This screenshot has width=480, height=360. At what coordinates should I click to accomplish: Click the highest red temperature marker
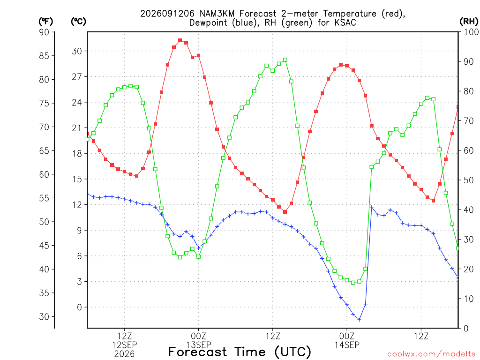[180, 40]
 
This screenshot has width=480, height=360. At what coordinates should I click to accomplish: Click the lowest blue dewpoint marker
[360, 320]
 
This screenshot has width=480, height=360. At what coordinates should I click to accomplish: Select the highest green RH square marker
[285, 60]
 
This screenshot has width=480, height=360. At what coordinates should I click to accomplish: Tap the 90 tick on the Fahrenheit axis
[44, 32]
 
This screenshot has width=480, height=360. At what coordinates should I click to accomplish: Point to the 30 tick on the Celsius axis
[77, 51]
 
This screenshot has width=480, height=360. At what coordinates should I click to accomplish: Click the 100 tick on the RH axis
[472, 32]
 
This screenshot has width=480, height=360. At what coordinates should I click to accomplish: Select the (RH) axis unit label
[469, 22]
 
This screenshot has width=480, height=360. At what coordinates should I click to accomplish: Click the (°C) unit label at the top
[78, 22]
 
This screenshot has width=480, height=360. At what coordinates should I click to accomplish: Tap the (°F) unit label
[45, 22]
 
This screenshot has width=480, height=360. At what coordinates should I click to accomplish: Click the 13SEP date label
[199, 345]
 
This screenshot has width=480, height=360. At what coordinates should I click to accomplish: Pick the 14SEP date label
[347, 345]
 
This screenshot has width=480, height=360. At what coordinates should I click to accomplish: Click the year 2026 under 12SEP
[124, 354]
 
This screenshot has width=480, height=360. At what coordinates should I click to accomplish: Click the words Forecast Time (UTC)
[240, 352]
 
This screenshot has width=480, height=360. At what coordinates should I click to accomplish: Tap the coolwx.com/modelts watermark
[431, 354]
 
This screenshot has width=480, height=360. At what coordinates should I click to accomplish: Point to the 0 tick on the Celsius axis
[80, 307]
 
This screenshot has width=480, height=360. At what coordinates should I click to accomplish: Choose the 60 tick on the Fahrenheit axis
[44, 174]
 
